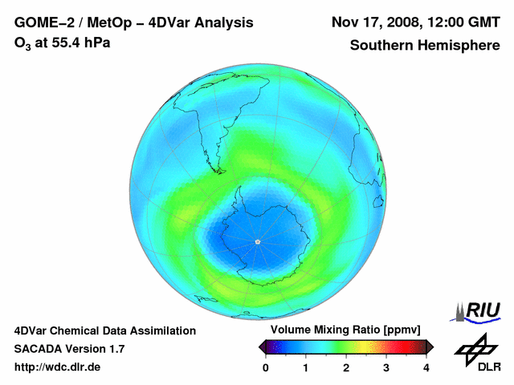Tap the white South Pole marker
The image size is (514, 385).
pos(257,241)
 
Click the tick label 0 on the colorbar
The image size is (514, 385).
pos(266,367)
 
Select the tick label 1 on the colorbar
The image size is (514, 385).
pos(306,367)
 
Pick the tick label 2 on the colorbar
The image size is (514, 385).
pos(346,367)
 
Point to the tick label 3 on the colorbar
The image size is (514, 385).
pos(386,367)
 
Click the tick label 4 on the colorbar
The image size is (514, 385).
pos(426,367)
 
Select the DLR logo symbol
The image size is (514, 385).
pos(477,347)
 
